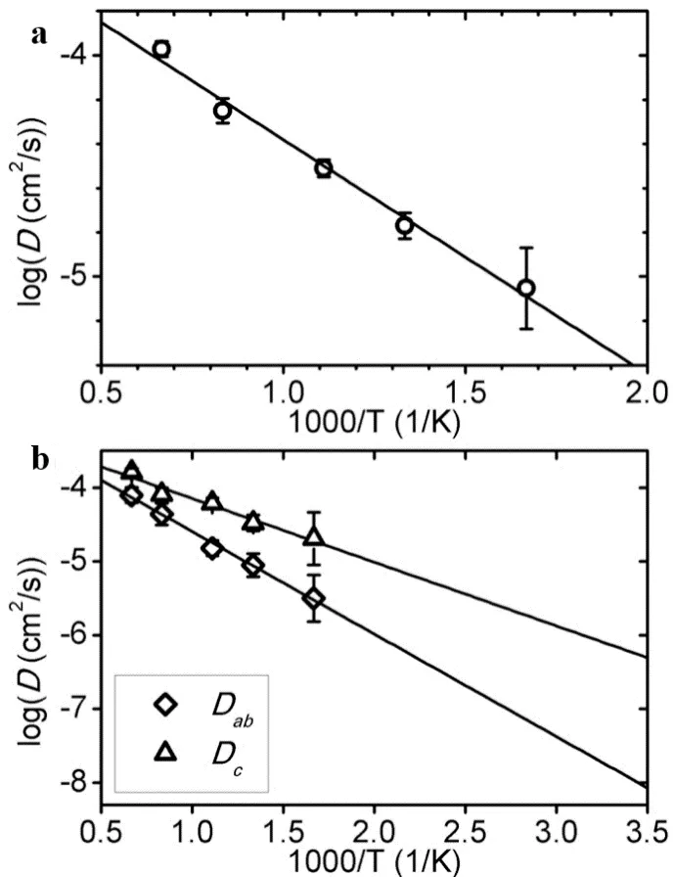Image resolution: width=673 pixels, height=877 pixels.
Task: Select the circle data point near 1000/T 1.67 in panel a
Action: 526,288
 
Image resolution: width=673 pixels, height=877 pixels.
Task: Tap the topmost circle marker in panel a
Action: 161,49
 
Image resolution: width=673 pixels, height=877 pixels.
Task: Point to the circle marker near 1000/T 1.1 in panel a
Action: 324,168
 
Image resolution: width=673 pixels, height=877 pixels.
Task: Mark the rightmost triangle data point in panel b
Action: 314,536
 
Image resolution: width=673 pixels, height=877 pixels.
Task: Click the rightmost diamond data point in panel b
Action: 314,598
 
